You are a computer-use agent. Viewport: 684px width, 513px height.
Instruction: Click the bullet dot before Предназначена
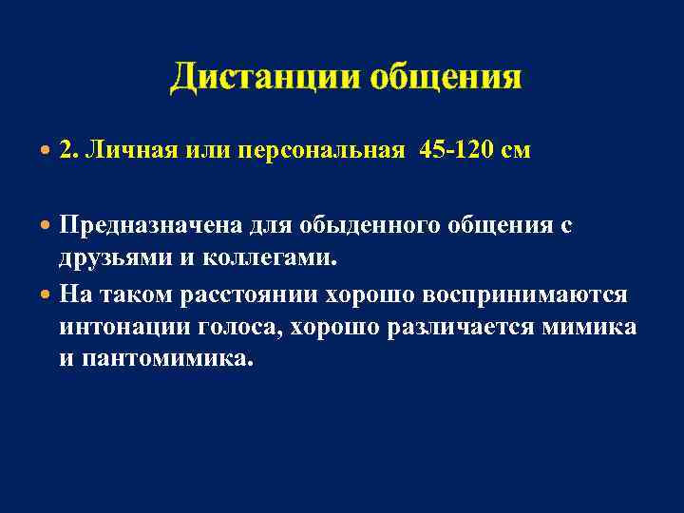(47, 226)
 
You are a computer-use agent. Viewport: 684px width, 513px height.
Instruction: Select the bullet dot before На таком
(47, 294)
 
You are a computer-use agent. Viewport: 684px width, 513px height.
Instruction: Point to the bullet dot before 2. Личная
(47, 150)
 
